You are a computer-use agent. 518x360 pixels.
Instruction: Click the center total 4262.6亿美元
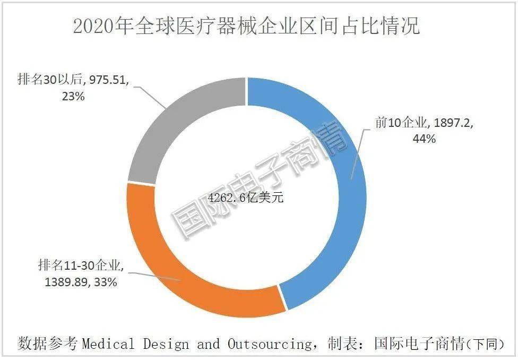tap(246, 198)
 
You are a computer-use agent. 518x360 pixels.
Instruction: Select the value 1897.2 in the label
tap(453, 123)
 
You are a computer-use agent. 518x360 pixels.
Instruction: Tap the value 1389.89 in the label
tap(64, 282)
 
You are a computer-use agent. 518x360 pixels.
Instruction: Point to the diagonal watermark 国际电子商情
tap(260, 181)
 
